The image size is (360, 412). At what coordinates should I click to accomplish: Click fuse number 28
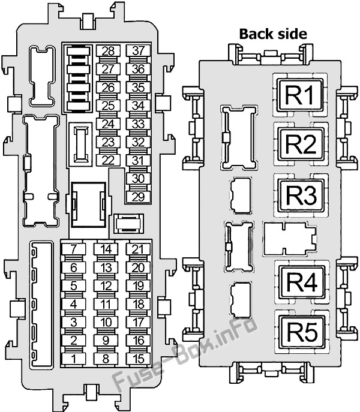point(108,51)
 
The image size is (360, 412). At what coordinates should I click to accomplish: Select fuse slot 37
point(139,50)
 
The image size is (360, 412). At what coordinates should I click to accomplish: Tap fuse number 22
point(108,160)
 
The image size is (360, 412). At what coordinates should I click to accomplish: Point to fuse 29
point(139,197)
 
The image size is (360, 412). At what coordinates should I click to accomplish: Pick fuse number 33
point(139,124)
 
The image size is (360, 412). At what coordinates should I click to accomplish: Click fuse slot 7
point(74,249)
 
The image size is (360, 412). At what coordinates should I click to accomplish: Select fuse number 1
point(74,359)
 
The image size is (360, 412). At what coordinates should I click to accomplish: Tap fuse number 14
point(106,249)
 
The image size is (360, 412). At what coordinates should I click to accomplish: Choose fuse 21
point(139,249)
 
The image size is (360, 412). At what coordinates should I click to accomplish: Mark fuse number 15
point(139,359)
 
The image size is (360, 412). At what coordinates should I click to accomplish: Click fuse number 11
point(106,304)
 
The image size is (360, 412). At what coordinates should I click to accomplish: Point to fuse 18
point(139,304)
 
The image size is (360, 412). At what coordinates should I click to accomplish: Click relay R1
point(300,95)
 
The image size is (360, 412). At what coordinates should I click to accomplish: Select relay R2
point(301,144)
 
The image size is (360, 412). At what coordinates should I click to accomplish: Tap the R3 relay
point(302,195)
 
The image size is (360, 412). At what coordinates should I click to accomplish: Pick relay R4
point(302,282)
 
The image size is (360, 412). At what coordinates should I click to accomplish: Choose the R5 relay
point(302,332)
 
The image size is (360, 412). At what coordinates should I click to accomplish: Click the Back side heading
point(273,34)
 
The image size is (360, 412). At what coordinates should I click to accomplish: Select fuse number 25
point(108,106)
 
